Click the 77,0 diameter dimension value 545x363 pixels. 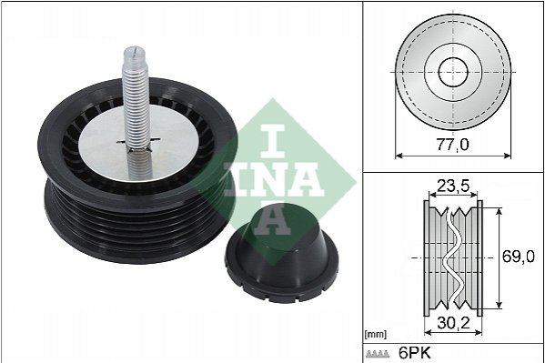coord(452,145)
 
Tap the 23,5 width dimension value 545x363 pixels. coord(453,187)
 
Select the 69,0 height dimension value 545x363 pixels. coord(519,257)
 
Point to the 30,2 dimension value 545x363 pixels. coord(453,323)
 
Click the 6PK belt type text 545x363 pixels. coord(414,353)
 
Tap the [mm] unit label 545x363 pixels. coord(376,335)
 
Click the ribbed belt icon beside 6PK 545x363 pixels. coord(378,354)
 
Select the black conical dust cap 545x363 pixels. coord(281,253)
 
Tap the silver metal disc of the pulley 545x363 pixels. coord(139,143)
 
